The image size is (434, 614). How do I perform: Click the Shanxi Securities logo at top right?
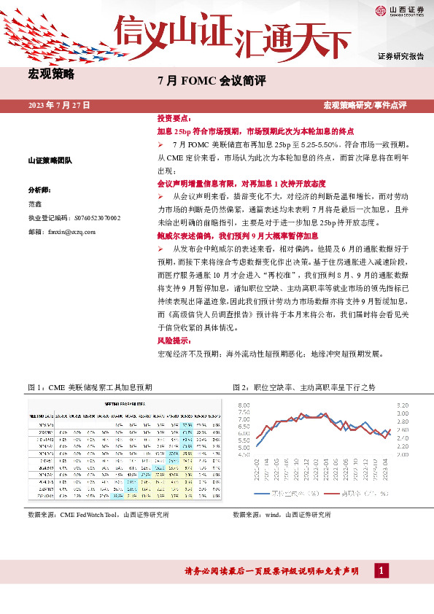400,12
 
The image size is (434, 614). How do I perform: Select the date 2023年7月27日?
59,106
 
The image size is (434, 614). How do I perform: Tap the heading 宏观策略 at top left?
50,74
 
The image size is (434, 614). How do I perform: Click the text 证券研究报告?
401,56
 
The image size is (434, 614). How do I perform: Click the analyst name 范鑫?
36,203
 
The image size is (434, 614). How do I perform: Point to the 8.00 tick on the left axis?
244,404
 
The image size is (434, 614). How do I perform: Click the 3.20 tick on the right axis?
403,404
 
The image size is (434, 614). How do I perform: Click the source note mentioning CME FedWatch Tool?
98,514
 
